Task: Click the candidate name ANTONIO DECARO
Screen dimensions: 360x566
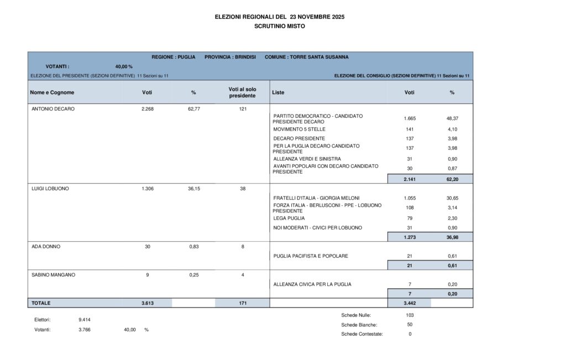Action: (x=53, y=109)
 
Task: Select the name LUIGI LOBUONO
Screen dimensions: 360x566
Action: (x=50, y=189)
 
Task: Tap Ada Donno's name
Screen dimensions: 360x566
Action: (x=45, y=247)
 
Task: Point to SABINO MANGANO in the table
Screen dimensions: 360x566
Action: (x=54, y=275)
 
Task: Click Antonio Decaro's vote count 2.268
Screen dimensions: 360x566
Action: (x=147, y=109)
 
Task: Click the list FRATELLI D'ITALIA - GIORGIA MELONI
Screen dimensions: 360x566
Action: (x=316, y=198)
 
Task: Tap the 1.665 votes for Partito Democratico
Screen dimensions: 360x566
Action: (x=410, y=118)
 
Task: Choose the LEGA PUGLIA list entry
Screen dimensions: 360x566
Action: (x=289, y=218)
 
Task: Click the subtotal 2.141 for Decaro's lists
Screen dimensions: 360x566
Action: (x=410, y=179)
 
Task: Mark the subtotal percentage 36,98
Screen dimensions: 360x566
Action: (x=452, y=237)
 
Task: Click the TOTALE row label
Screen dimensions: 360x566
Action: (x=41, y=303)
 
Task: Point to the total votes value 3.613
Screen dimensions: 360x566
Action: (x=147, y=303)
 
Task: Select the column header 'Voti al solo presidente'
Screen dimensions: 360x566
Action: (x=242, y=92)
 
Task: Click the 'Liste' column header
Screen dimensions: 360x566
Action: (x=278, y=92)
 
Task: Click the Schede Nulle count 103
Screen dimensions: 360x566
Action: (x=410, y=315)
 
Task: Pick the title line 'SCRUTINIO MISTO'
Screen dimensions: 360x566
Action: (x=279, y=26)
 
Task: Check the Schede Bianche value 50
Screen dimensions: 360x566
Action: (x=410, y=325)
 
